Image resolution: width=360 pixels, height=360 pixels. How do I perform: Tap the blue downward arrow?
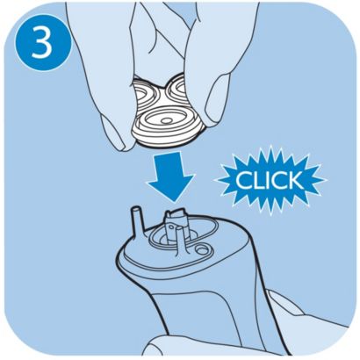[171, 176]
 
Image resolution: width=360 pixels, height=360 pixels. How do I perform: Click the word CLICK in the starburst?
[270, 181]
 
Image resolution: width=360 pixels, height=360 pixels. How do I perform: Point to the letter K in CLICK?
[294, 181]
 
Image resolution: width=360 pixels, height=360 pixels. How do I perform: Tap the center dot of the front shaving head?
[167, 120]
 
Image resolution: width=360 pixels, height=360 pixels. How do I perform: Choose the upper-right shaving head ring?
[177, 88]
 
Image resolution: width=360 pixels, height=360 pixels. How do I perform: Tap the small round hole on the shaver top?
[201, 249]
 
